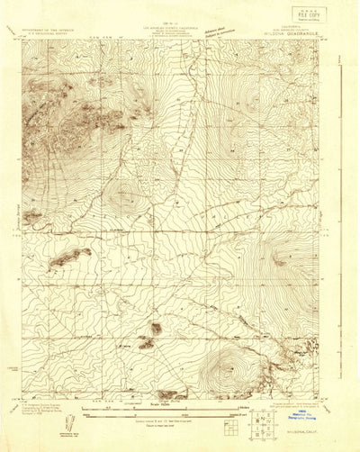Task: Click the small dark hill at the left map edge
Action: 31,215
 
